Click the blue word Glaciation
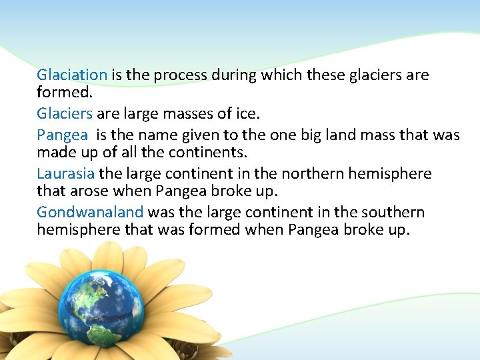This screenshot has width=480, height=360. (72, 75)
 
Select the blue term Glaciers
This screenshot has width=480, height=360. (64, 114)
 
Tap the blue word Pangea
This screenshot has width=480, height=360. (62, 135)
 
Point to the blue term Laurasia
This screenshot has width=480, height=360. (66, 174)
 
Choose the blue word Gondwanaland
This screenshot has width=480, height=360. (90, 213)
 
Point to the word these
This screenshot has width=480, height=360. (327, 75)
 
